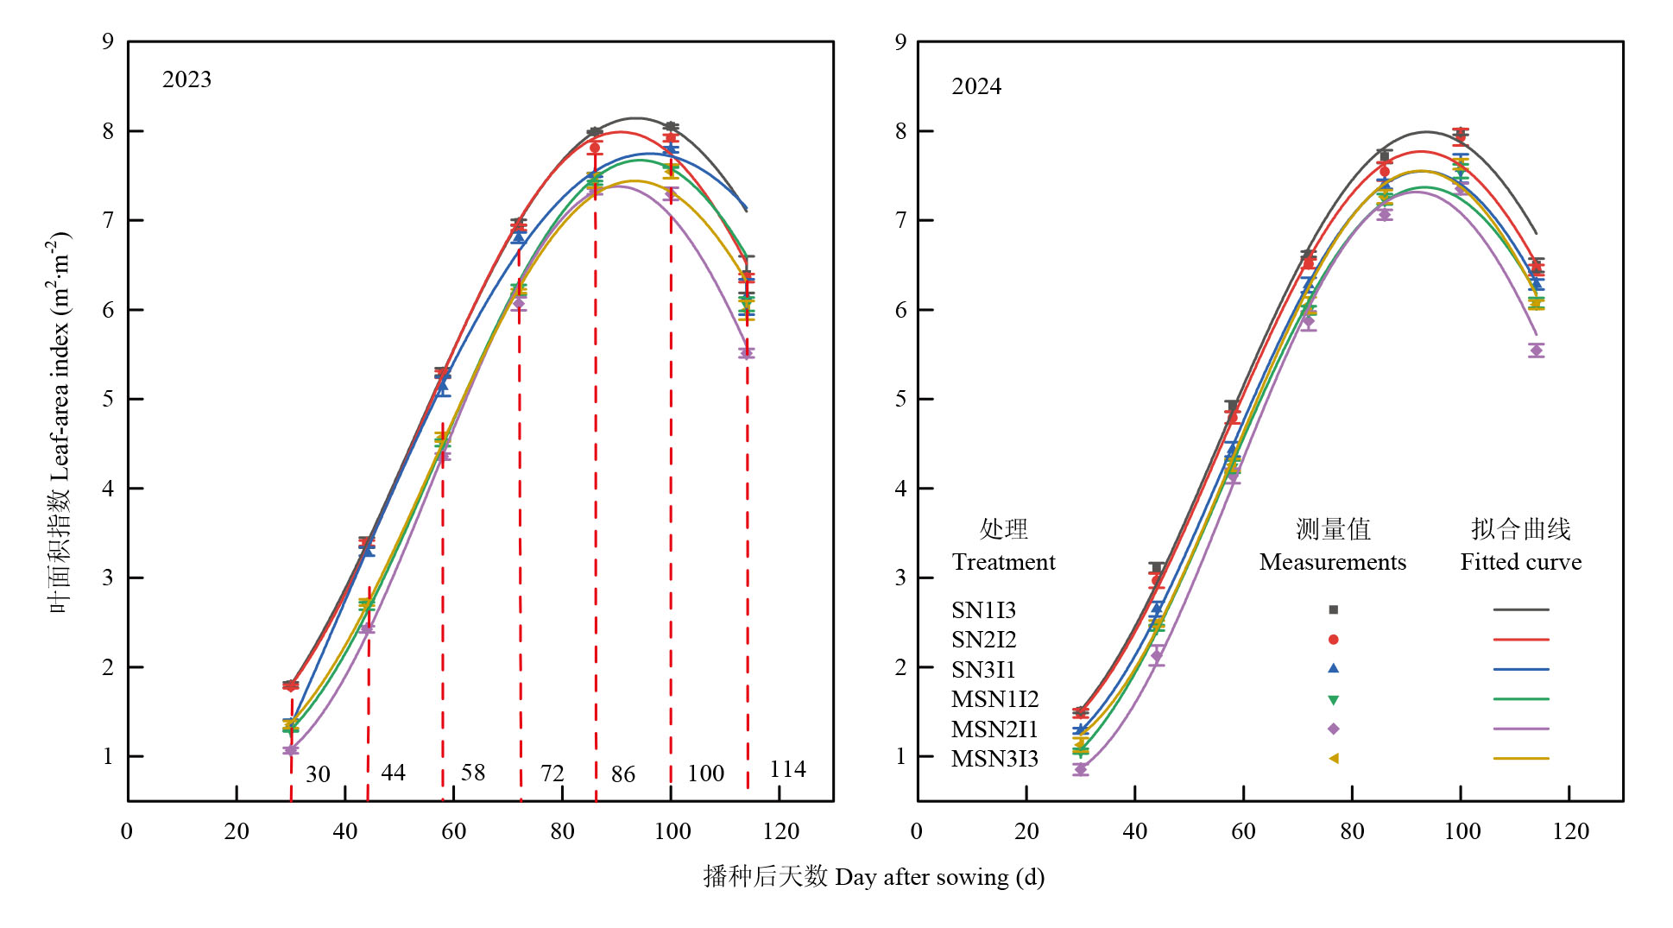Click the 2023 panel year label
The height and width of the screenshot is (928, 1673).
tap(186, 79)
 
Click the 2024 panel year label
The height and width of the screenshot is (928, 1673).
tap(976, 86)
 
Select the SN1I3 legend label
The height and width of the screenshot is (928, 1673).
tap(983, 610)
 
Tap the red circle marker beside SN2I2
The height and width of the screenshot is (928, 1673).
tap(1333, 640)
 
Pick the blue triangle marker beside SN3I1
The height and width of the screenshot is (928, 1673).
tap(1333, 668)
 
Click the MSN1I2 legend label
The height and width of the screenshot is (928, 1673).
tap(994, 699)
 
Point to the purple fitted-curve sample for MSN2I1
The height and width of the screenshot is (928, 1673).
tap(1520, 729)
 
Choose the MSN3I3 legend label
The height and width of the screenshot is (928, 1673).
tap(994, 759)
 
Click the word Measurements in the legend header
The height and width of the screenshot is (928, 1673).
tap(1332, 562)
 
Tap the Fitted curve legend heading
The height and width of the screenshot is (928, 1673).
tap(1520, 562)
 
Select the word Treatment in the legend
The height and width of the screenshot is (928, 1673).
tap(1003, 562)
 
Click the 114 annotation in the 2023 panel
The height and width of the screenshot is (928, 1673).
tap(787, 769)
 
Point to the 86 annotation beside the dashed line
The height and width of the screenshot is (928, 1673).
tap(622, 773)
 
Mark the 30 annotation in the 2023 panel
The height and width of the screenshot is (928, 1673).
tap(318, 773)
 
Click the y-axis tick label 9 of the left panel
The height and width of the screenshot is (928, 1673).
tap(108, 41)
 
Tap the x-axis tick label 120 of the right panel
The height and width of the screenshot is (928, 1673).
tap(1570, 831)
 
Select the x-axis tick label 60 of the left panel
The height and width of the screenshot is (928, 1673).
tap(453, 831)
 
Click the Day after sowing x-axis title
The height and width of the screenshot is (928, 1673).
tap(874, 877)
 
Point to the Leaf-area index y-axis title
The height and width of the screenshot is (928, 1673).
tap(60, 423)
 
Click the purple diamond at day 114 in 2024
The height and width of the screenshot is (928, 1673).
tap(1536, 350)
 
